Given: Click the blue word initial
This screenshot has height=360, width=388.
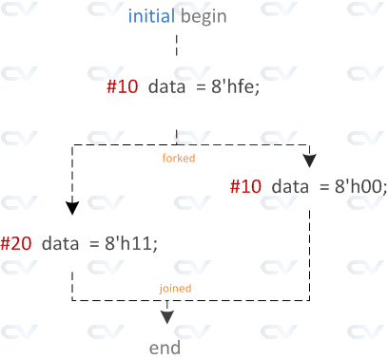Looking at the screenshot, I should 151,17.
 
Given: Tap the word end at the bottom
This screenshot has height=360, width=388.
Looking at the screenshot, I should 165,348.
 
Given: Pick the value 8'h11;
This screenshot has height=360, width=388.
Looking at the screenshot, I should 128,243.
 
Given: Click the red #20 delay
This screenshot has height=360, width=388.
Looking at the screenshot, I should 16,243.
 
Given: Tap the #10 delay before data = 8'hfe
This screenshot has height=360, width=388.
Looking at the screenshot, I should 123,86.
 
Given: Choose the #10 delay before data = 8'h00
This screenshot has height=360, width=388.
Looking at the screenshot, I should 246,186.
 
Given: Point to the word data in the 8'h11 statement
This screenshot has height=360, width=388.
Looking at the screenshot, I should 59,243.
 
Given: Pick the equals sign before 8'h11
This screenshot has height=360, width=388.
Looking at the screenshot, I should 93,243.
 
